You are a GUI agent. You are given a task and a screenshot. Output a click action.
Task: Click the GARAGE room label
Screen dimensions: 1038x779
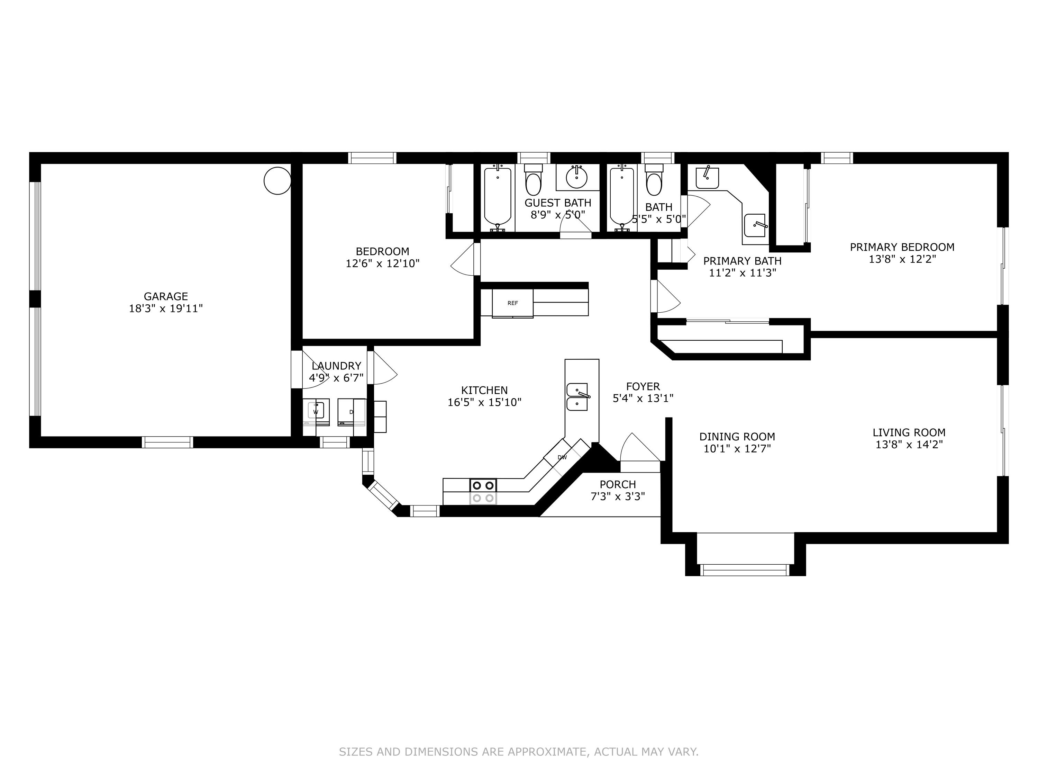(166, 296)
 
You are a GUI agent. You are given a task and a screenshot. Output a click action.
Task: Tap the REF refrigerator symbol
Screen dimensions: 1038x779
(512, 303)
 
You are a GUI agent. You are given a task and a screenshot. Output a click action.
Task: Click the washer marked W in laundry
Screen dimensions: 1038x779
(316, 411)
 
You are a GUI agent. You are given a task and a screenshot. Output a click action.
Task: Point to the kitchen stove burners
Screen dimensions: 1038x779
(483, 492)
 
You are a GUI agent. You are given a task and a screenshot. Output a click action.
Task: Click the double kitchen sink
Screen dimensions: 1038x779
(577, 397)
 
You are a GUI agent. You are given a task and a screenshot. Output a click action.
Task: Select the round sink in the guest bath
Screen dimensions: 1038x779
(577, 177)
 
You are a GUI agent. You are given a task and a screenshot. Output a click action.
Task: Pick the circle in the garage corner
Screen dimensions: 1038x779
(277, 180)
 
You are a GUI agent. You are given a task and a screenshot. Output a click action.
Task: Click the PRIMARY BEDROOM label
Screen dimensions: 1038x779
(902, 247)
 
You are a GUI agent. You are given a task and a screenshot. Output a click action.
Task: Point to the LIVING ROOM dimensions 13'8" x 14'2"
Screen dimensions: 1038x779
(909, 445)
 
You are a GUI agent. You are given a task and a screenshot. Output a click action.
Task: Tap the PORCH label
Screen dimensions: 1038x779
(618, 484)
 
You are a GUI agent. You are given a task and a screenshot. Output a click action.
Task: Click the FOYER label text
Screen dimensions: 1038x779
(643, 386)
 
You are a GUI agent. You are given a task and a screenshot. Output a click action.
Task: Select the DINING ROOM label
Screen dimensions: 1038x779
(737, 437)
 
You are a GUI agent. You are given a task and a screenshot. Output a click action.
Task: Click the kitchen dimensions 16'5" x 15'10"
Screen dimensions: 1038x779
(484, 402)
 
